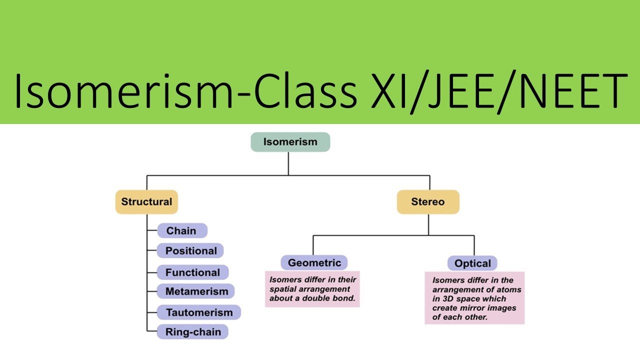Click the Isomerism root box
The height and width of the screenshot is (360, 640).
coord(290,142)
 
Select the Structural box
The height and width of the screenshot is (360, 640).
coord(146,202)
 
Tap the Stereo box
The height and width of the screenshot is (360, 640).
coord(428,202)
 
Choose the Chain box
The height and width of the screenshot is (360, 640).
coord(181,231)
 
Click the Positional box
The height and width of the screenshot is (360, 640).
coord(190,251)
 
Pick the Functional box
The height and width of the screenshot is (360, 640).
coord(192,272)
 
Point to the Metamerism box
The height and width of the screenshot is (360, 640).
coord(196,291)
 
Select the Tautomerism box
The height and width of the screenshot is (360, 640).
coord(199,312)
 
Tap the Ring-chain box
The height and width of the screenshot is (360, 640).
coord(192,331)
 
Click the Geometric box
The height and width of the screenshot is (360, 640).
coord(314,262)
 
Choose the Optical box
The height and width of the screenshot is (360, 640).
coord(472,263)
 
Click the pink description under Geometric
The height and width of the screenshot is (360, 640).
coord(312,289)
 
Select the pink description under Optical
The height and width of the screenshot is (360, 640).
coord(474,298)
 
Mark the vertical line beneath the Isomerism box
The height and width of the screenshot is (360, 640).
coord(288,163)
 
